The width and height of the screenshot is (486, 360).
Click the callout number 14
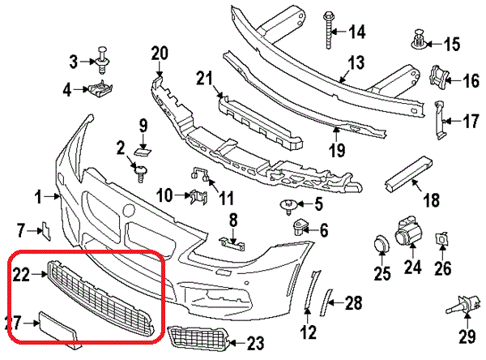(357, 32)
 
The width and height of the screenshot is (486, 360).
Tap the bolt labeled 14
(328, 30)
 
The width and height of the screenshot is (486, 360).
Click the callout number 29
(467, 336)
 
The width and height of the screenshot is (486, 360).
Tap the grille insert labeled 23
(198, 338)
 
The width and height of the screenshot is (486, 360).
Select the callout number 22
(21, 275)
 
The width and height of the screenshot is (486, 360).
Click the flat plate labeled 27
(58, 329)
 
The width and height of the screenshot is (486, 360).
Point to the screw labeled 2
(140, 174)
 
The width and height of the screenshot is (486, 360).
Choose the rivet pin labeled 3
(102, 60)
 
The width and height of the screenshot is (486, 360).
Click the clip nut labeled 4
(100, 88)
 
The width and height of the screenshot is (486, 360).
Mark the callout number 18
(432, 199)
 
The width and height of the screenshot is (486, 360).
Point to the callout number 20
(160, 54)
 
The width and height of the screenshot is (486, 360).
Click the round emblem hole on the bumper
(129, 210)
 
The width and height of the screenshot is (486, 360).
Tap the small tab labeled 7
(46, 230)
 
